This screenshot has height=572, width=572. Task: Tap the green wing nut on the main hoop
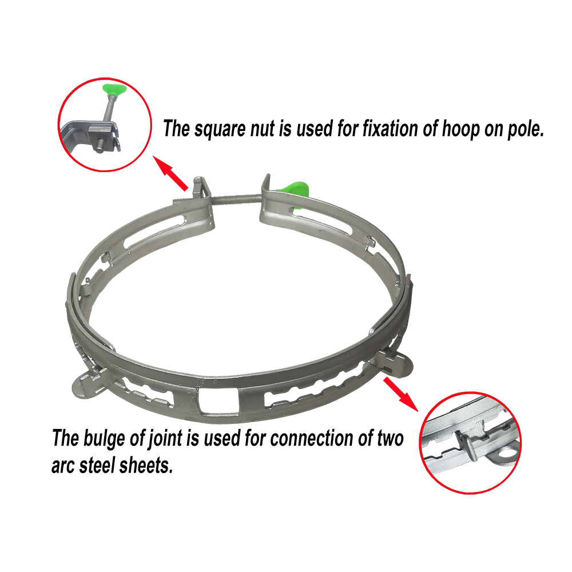(x=296, y=190)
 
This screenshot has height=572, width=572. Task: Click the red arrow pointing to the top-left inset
(x=170, y=173)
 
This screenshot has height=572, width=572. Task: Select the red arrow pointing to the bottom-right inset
(x=400, y=394)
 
